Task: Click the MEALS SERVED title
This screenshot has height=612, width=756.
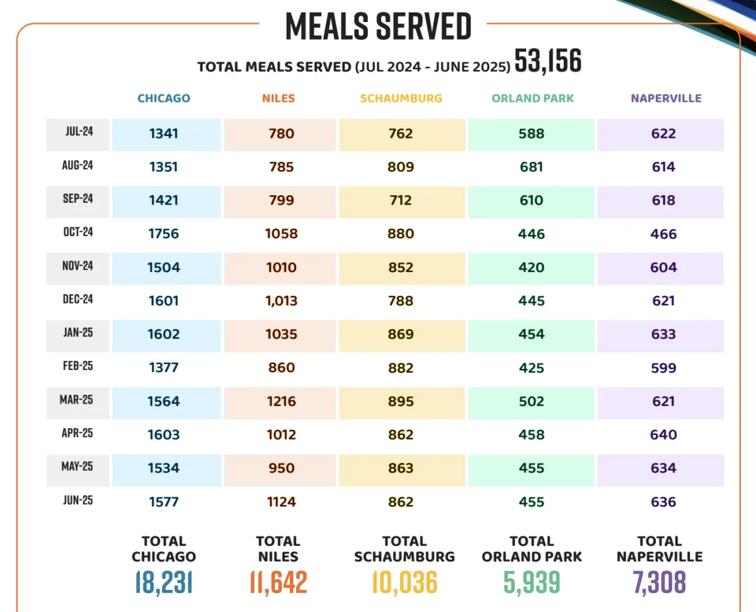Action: point(378,26)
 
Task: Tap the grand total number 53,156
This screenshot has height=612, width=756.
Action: point(547,62)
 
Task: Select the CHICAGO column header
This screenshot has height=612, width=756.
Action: point(164,98)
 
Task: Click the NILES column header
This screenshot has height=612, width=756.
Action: point(278,98)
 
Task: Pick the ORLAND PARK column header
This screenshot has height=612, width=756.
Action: point(532,98)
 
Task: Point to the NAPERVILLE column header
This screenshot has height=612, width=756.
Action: point(666,98)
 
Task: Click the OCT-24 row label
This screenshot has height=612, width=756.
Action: point(78,232)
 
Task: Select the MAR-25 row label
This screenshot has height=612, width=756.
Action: point(78,400)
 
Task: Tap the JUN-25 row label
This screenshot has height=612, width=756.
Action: point(78,501)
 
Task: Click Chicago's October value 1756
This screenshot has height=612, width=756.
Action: point(164,234)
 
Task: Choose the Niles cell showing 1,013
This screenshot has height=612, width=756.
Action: point(281,301)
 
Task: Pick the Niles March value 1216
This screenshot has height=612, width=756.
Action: point(281,401)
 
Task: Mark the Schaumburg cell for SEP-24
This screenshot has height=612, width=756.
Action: point(401,200)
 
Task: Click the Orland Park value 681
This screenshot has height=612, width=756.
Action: point(532,167)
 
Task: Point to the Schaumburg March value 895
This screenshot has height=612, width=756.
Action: point(401,401)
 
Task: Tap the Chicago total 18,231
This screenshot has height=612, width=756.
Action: point(164,582)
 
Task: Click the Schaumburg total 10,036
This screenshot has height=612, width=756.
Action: point(404,582)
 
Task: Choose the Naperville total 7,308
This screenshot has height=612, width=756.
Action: point(660,582)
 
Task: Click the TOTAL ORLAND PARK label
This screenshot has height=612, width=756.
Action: point(532,549)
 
